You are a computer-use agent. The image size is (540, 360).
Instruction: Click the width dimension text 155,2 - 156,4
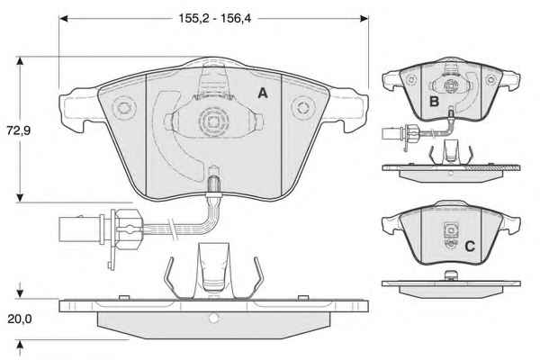(215, 18)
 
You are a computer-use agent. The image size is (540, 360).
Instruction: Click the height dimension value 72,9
(19, 130)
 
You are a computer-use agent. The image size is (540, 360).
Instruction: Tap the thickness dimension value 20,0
(20, 319)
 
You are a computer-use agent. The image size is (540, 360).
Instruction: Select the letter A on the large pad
(263, 93)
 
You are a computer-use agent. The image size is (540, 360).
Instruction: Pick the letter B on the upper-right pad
(435, 102)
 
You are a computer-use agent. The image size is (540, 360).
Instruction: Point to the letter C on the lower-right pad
(470, 247)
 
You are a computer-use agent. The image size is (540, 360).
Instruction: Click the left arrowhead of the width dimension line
(63, 18)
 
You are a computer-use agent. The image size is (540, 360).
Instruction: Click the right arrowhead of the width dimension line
(364, 18)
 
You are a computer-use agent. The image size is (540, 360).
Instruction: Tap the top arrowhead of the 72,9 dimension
(20, 61)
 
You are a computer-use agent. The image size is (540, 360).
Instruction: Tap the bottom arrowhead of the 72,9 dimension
(20, 198)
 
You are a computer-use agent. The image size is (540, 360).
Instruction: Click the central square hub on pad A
(213, 121)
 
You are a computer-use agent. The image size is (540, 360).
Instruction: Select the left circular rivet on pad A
(123, 108)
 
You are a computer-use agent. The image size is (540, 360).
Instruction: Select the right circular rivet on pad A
(303, 107)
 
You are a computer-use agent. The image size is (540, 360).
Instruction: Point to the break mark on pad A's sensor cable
(172, 228)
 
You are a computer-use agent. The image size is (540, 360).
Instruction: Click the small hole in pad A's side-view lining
(213, 318)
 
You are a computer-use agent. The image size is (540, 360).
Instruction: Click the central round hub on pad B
(450, 86)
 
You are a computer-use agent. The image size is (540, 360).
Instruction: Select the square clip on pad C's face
(450, 229)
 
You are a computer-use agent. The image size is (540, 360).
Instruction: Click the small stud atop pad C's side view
(451, 274)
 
